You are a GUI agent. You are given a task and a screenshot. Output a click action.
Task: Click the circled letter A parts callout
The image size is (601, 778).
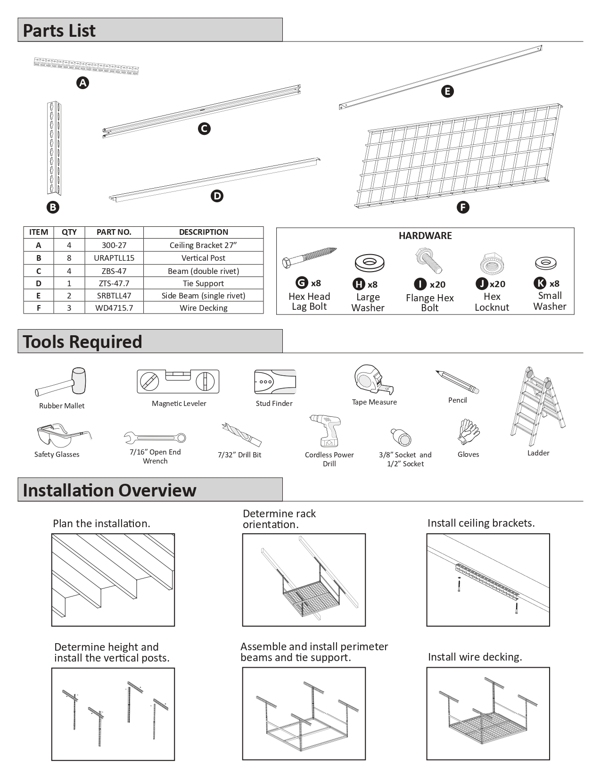[x=82, y=83]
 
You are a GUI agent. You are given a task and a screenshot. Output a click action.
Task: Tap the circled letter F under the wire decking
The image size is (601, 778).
[x=463, y=207]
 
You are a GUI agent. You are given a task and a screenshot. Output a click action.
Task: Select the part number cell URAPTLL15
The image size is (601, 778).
[x=114, y=258]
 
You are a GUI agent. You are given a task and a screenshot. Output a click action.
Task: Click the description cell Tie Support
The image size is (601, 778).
[x=203, y=283]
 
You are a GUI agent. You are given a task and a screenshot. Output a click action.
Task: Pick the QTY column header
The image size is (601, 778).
[x=69, y=232]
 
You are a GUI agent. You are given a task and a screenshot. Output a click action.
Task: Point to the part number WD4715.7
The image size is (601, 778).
[x=114, y=308]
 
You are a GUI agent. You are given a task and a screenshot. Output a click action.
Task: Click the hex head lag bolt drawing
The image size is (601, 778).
[x=309, y=258]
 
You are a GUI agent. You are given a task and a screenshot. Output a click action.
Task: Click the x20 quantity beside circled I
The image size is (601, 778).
[x=437, y=284]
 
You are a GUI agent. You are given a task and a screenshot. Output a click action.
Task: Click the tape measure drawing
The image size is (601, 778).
[x=372, y=380]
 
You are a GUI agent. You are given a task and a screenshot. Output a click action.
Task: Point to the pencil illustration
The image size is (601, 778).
[x=457, y=381]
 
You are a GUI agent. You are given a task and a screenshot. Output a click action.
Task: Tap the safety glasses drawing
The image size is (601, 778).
[x=61, y=435]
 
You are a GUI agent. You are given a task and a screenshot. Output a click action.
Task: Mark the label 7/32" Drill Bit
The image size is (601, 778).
[x=239, y=455]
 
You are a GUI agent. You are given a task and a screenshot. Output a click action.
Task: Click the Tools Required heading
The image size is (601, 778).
[x=82, y=342]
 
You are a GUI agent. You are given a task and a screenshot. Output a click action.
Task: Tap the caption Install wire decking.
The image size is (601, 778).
[x=475, y=657]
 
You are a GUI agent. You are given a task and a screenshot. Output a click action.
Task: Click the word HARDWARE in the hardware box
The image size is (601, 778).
[x=425, y=236]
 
